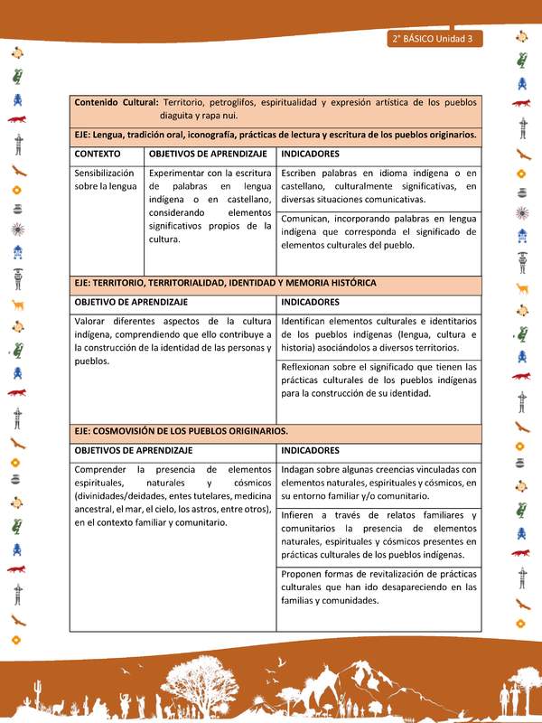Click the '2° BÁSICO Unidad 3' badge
(x=435, y=39)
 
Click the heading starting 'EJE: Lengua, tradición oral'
(x=276, y=135)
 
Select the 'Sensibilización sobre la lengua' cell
(x=105, y=179)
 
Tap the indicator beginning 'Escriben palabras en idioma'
(x=378, y=186)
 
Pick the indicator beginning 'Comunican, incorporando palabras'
(x=378, y=231)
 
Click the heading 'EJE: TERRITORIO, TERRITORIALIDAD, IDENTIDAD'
(x=225, y=283)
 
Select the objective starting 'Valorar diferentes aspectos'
(x=173, y=341)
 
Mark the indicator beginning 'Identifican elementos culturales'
(x=378, y=334)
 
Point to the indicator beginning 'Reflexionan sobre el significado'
(x=378, y=380)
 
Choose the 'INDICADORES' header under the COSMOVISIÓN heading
(x=310, y=450)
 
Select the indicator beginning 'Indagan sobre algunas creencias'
(x=378, y=483)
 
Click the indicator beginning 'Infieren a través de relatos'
(x=378, y=535)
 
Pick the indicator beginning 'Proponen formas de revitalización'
(x=378, y=587)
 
